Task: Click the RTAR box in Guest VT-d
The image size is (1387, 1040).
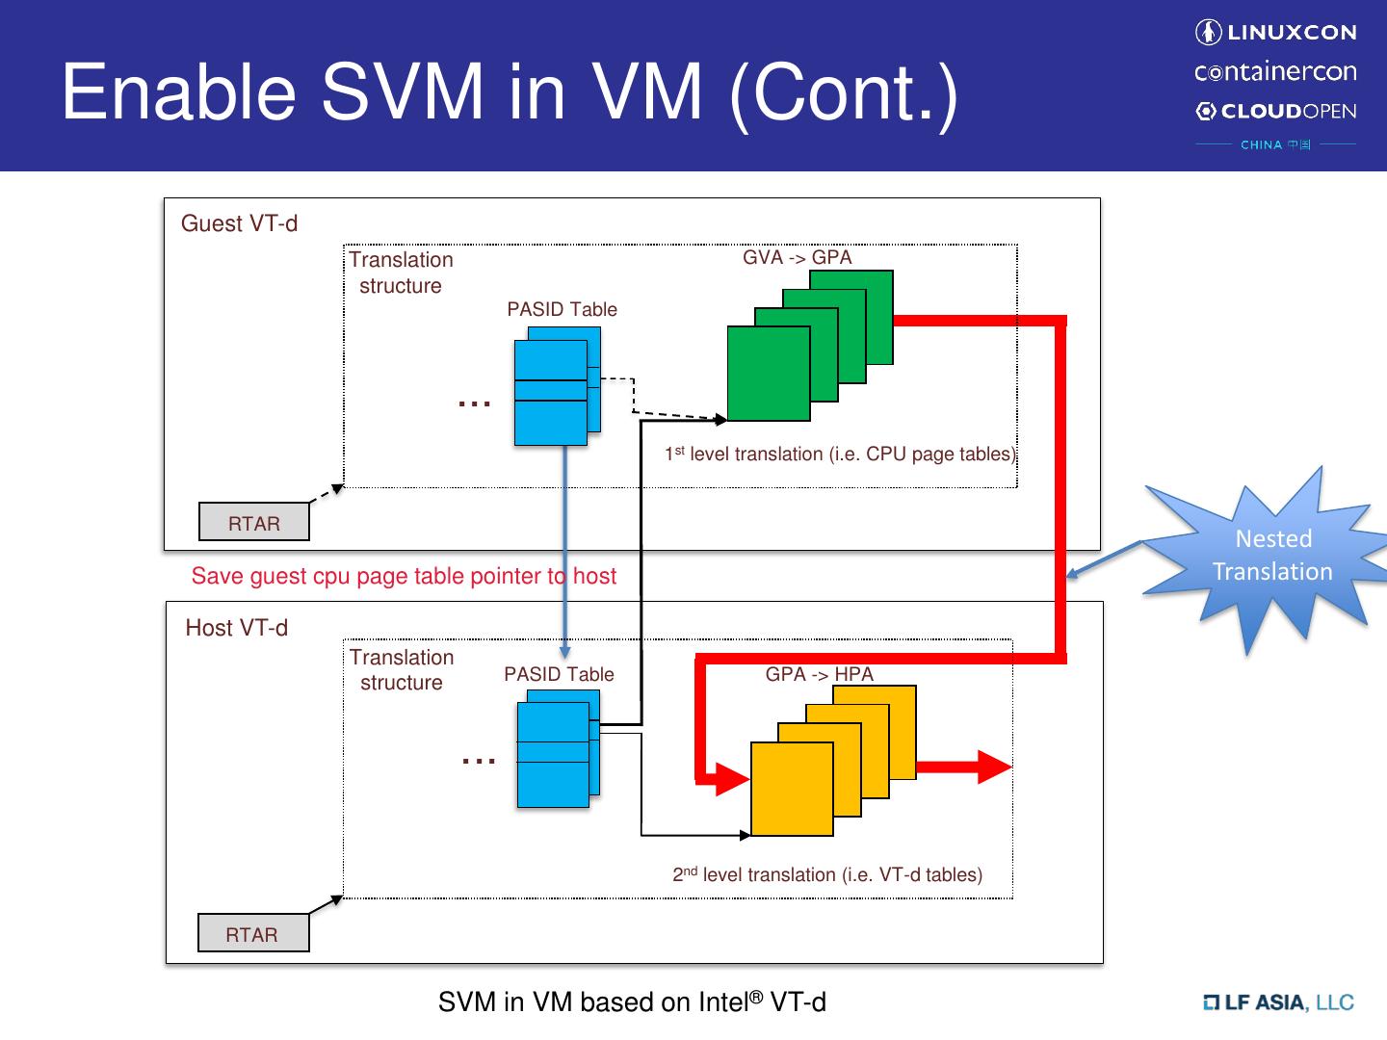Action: (254, 523)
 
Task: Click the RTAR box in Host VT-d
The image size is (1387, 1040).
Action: (253, 934)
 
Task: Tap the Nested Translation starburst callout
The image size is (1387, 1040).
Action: (1271, 556)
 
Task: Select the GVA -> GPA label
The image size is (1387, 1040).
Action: (797, 258)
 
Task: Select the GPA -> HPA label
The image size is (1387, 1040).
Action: (819, 674)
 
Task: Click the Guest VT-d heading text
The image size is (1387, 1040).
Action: (239, 223)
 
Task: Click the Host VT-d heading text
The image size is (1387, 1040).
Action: (236, 628)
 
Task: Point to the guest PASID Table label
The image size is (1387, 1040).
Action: (562, 309)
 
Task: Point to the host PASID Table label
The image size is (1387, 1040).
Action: (559, 674)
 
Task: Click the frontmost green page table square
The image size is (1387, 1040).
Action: (768, 374)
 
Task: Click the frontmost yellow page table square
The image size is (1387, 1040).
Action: (792, 789)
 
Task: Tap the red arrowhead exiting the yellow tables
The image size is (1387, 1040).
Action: (995, 767)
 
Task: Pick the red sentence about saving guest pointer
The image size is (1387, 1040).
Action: (404, 576)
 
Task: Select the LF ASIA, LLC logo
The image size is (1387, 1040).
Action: (1279, 1002)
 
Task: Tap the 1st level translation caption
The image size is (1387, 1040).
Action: (840, 454)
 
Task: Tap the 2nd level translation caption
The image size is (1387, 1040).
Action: (827, 874)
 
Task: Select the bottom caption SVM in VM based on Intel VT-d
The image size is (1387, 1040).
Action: (632, 1002)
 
